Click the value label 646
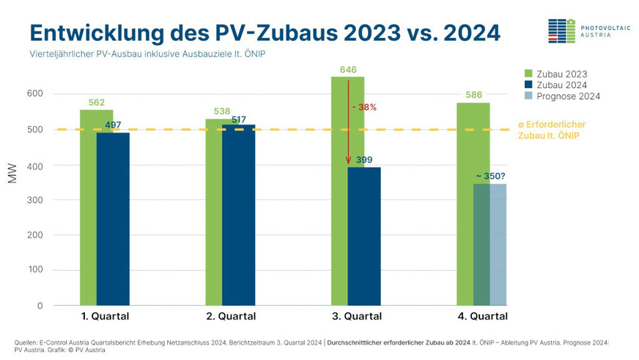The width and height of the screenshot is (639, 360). coord(347,70)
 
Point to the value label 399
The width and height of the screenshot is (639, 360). coord(364,160)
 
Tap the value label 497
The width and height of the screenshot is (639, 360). coord(113,125)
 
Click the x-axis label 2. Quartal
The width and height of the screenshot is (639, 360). coord(230,317)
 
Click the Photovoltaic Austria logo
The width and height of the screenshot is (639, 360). coord(586,30)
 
